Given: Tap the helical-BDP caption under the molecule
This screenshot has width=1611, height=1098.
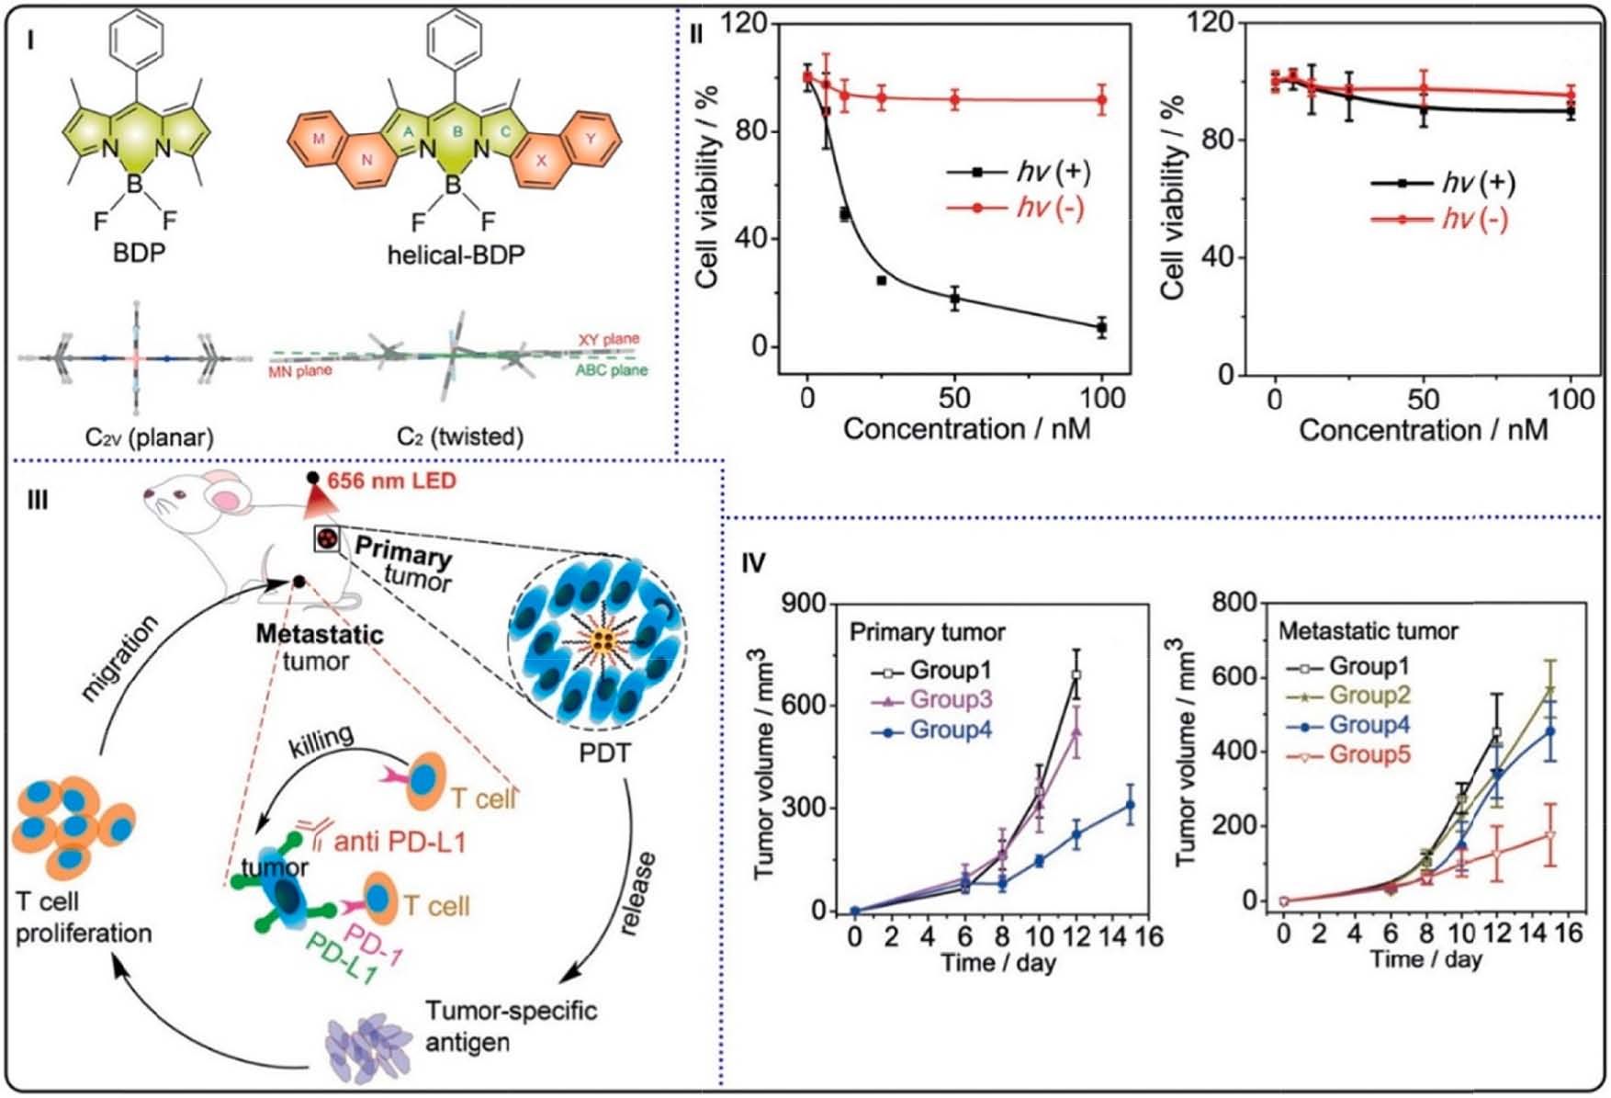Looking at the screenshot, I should tap(456, 254).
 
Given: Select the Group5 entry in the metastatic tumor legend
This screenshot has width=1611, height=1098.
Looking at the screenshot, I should tap(1369, 755).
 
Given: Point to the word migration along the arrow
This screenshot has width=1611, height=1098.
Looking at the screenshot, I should tap(120, 658).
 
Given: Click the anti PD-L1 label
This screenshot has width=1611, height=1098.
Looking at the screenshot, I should tap(400, 841).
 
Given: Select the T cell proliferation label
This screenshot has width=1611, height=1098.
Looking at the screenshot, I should tap(83, 917).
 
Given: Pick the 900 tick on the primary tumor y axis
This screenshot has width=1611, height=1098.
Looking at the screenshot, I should tap(804, 605).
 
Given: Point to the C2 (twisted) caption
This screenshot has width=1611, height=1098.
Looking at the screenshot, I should tap(460, 436).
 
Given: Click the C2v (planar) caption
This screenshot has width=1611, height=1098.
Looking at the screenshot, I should tap(149, 437).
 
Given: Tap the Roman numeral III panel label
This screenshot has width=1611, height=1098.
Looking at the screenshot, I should tap(37, 501).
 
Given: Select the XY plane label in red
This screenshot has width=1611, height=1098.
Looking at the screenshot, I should tap(608, 340).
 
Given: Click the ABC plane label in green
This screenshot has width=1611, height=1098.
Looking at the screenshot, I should tap(611, 371).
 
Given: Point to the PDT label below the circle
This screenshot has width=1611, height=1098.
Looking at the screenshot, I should tap(604, 753).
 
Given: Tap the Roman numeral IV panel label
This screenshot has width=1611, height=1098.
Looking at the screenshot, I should tap(752, 562).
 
